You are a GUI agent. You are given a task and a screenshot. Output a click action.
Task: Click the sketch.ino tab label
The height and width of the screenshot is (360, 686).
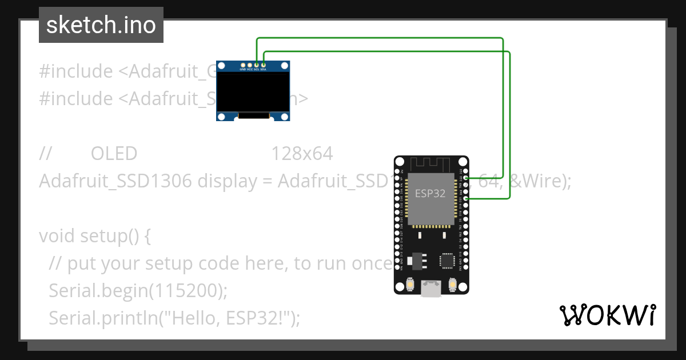(x=101, y=25)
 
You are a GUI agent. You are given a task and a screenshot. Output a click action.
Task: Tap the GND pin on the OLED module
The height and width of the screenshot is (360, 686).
(x=243, y=65)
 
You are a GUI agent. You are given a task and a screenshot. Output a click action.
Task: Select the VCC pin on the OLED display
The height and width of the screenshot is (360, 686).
(x=250, y=65)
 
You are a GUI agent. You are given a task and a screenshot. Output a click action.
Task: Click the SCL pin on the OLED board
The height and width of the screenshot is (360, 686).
(x=257, y=65)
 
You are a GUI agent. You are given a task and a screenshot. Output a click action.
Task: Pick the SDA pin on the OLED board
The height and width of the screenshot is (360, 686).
(x=264, y=65)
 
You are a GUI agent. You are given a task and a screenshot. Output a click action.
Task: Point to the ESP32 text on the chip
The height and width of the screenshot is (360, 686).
(x=430, y=193)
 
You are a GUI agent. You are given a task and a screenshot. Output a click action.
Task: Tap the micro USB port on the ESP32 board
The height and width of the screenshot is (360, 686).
(x=431, y=289)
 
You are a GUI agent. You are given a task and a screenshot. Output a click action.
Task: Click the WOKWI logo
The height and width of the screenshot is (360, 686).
(x=608, y=315)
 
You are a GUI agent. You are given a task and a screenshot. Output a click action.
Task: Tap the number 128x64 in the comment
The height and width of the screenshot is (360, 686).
(x=302, y=154)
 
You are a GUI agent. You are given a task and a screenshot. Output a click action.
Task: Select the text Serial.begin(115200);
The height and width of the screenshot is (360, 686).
(x=138, y=290)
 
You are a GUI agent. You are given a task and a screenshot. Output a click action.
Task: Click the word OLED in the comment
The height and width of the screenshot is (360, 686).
(x=114, y=154)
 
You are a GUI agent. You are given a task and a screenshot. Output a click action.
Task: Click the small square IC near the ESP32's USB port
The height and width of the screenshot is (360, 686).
(x=446, y=261)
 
